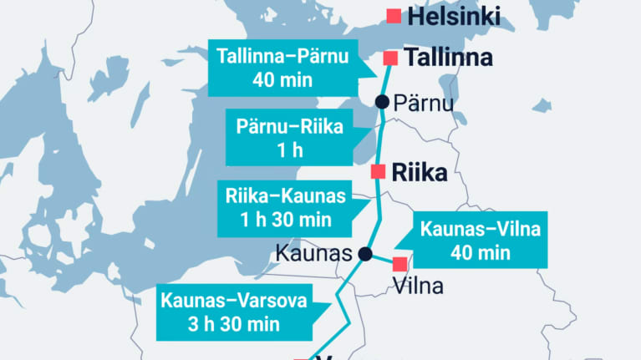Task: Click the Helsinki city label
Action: pos(454,16)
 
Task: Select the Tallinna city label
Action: pos(448,58)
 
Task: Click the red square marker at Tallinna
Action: pos(389,58)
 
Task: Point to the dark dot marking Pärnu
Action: pos(382,102)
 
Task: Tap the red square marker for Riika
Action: pos(378,172)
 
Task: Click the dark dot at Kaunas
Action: pos(364,253)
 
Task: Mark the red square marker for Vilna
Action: pos(399,264)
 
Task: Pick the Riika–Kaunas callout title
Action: pos(285,197)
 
